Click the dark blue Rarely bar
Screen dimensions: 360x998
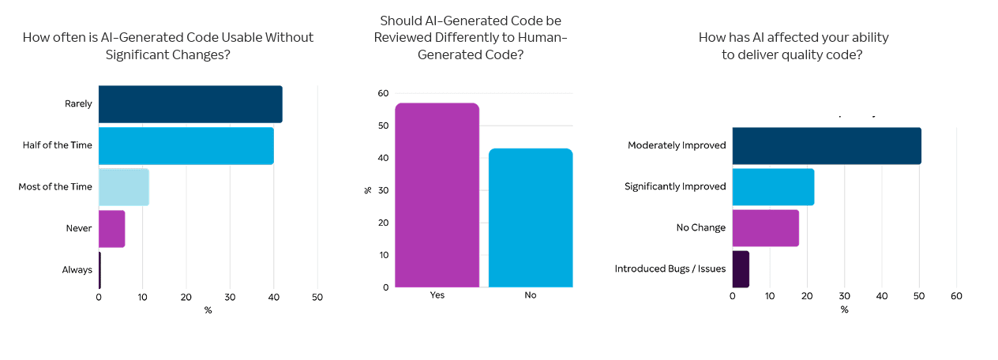(x=189, y=104)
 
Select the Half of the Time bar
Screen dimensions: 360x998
(x=186, y=146)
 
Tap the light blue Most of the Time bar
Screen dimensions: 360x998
(x=123, y=187)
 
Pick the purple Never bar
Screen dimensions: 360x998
(x=111, y=229)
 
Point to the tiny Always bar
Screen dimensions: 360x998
(x=99, y=270)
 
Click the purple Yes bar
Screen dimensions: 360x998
(x=437, y=195)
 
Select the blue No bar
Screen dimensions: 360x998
(x=531, y=218)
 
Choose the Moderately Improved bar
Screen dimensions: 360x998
(x=826, y=146)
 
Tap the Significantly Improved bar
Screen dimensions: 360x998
(x=773, y=187)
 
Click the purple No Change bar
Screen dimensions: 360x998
(x=765, y=228)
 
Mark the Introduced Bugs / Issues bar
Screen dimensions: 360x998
(x=741, y=269)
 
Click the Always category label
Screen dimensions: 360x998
(x=77, y=270)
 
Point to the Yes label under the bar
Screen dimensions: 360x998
(x=437, y=295)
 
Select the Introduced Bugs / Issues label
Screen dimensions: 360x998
(x=670, y=269)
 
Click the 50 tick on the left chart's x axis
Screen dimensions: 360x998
(x=317, y=298)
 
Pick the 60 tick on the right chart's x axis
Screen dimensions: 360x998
(x=956, y=296)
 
